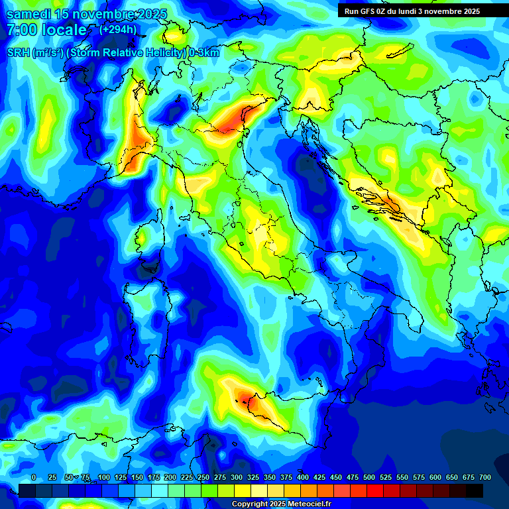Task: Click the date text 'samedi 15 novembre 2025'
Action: (86, 14)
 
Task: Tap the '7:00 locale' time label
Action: (46, 30)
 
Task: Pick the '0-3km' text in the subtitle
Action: (204, 53)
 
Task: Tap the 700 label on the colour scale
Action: (484, 477)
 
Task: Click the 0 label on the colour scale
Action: (34, 477)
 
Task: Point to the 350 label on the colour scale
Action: (270, 477)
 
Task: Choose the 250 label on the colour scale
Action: (203, 477)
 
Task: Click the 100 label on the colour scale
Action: (104, 477)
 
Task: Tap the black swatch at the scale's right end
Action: (475, 490)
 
